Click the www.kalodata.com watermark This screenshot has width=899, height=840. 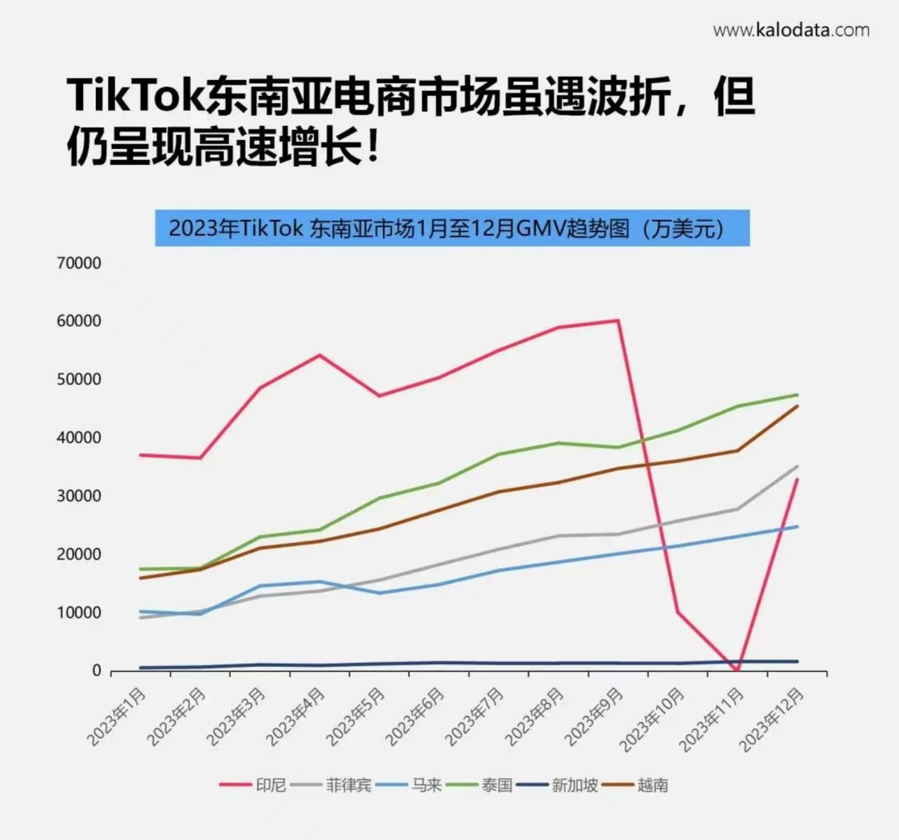point(791,31)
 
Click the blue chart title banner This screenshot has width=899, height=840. point(452,228)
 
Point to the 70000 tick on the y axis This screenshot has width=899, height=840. point(79,263)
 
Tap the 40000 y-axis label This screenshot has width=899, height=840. point(79,438)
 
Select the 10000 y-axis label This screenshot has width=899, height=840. point(79,612)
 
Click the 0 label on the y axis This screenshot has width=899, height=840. point(96,671)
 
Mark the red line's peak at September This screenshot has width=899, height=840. point(618,320)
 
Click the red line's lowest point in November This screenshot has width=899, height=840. point(737,670)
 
